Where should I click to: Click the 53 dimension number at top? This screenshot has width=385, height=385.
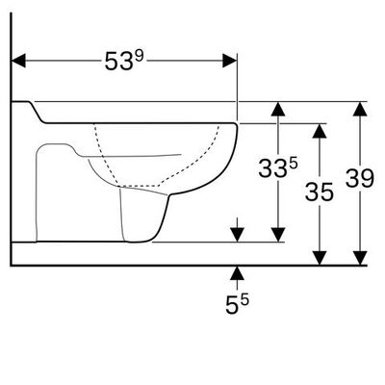click(118, 62)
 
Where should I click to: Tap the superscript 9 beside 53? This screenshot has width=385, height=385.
click(140, 57)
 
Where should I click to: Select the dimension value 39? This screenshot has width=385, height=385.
click(360, 179)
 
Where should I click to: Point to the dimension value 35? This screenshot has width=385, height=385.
click(320, 192)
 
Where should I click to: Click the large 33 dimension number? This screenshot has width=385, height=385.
click(272, 168)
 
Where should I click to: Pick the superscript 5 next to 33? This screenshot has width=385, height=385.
click(294, 164)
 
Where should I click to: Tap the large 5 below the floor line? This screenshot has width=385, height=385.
click(232, 305)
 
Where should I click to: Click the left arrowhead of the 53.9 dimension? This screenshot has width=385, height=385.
click(18, 61)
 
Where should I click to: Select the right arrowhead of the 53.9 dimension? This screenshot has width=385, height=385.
click(230, 61)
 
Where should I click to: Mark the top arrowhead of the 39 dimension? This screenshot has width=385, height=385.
click(360, 109)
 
